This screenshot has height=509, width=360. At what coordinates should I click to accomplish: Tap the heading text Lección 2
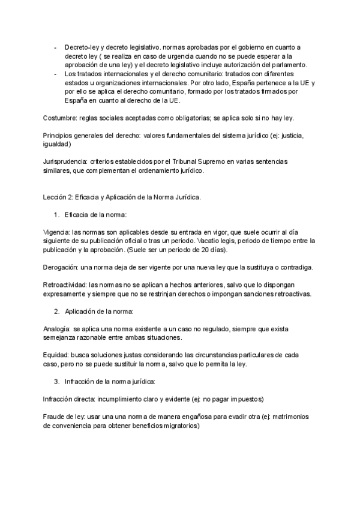click(x=61, y=197)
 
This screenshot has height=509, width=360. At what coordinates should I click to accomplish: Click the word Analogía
click(x=58, y=330)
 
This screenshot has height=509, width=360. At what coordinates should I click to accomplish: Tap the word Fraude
click(x=55, y=417)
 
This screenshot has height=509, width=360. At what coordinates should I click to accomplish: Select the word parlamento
click(x=286, y=65)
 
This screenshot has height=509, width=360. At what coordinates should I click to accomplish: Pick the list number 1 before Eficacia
click(x=56, y=214)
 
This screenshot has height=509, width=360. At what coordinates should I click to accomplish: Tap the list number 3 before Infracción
click(x=56, y=381)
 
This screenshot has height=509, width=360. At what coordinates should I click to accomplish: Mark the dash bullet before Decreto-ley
click(x=55, y=47)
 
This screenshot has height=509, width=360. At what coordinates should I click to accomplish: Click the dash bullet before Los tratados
click(x=55, y=74)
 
